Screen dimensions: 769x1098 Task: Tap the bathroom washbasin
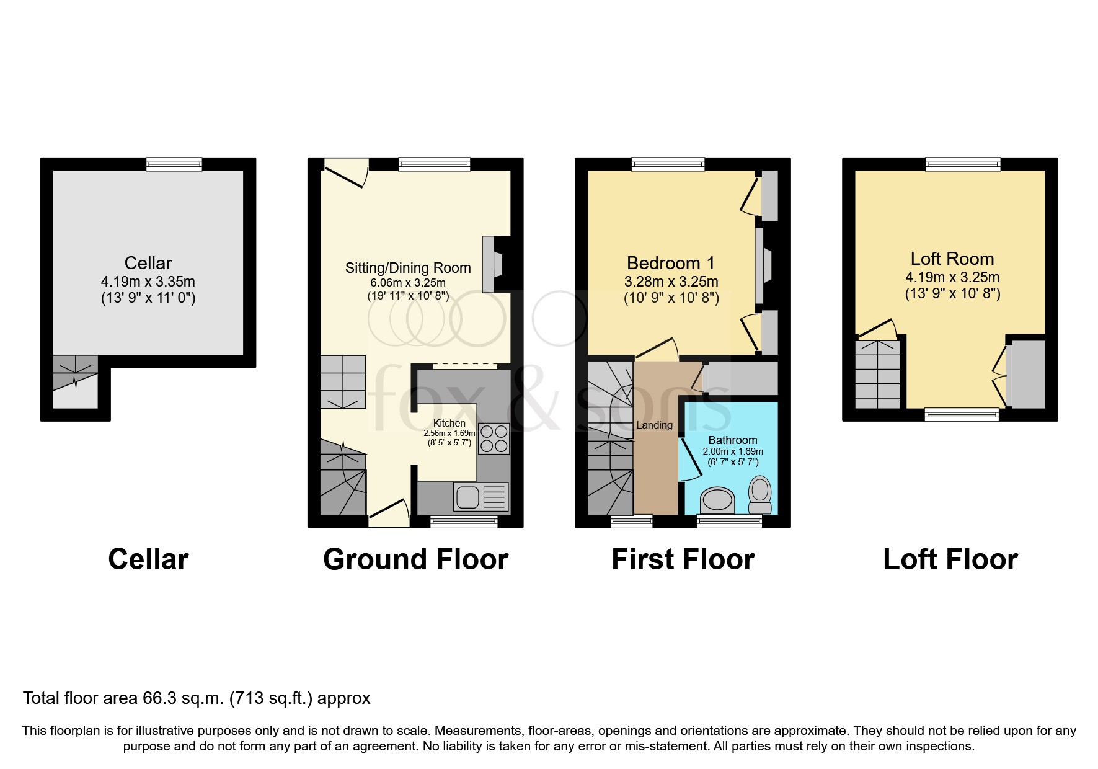pos(717,500)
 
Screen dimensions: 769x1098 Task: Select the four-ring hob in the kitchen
pos(494,438)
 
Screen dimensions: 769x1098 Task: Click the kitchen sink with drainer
pos(480,497)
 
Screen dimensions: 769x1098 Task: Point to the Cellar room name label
pos(148,263)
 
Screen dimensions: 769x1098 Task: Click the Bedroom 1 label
pos(671,263)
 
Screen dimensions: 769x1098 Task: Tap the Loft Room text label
pos(952,259)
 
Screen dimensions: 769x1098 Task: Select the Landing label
pos(654,425)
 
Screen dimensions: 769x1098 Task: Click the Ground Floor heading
pos(415,559)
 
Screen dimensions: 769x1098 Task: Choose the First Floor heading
pos(683,559)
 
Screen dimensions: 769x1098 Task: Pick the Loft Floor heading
pos(950,559)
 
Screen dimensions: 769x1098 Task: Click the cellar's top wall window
pos(174,164)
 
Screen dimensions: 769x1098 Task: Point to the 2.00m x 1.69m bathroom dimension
pos(733,451)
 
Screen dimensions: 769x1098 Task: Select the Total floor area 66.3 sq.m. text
pos(197,698)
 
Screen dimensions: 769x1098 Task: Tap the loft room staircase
pos(877,374)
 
